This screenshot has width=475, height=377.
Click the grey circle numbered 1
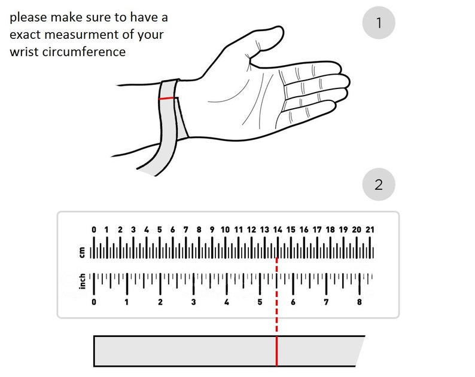[379, 23]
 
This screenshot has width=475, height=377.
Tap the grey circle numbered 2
[379, 184]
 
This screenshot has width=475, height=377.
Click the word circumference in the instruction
[84, 52]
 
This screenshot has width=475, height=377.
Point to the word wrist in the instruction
[25, 52]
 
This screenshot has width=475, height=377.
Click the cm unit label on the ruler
[82, 252]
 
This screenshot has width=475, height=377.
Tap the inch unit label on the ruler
[82, 281]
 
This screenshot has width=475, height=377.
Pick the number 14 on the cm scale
[278, 229]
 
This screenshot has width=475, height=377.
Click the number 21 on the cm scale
[370, 229]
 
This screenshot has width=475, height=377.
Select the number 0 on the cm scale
[94, 229]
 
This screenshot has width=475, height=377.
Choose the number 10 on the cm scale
[225, 229]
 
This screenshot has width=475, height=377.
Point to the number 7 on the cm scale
[185, 229]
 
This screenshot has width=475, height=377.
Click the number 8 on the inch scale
[360, 302]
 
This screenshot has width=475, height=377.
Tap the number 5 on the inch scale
[260, 302]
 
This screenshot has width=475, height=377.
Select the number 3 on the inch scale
[193, 302]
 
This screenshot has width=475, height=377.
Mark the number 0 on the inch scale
[94, 302]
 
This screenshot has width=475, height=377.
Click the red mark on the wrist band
[166, 99]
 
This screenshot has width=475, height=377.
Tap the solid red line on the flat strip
[276, 351]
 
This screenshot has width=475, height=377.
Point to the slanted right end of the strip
[360, 351]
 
